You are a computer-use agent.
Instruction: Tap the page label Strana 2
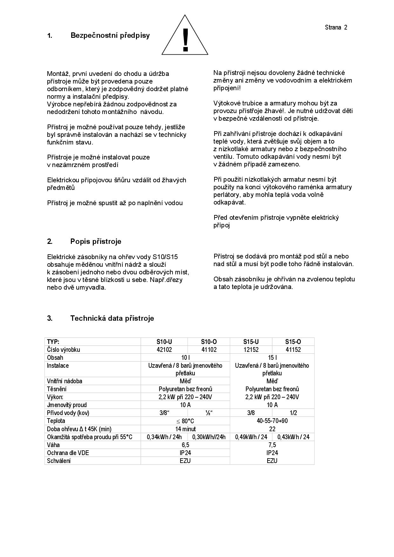[x=336, y=27]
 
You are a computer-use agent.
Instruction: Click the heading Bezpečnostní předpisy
[x=110, y=35]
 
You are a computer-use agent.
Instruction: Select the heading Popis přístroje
[x=96, y=241]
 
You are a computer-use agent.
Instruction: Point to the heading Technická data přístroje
[x=112, y=318]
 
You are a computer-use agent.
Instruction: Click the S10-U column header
[x=164, y=342]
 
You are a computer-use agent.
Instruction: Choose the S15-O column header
[x=293, y=342]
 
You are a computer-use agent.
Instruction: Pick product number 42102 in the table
[x=164, y=350]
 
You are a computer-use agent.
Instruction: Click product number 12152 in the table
[x=251, y=350]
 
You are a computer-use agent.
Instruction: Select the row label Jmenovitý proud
[x=67, y=405]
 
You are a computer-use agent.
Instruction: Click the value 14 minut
[x=185, y=429]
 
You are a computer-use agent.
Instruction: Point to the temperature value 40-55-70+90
[x=272, y=421]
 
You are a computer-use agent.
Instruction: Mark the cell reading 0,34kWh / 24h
[x=164, y=437]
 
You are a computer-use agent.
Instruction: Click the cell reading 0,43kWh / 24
[x=293, y=437]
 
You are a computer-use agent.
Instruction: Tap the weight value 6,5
[x=185, y=445]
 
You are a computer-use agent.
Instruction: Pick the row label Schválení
[x=59, y=461]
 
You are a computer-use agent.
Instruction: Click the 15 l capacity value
[x=272, y=358]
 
